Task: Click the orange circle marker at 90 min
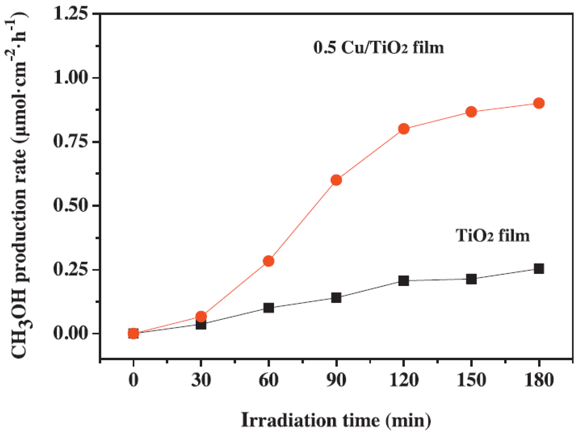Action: point(336,180)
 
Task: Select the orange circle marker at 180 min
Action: point(539,103)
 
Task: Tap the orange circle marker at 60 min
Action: point(268,261)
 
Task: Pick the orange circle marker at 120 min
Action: point(404,129)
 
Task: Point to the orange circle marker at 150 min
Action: point(471,112)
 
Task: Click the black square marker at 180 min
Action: point(539,269)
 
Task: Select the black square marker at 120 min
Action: point(404,280)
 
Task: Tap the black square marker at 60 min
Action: point(268,308)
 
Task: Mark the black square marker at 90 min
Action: point(336,298)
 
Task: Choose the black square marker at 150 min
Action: point(471,279)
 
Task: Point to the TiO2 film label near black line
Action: point(492,235)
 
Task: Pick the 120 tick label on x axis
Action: point(404,380)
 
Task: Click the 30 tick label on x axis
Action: point(201,380)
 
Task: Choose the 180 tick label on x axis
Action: point(539,380)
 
